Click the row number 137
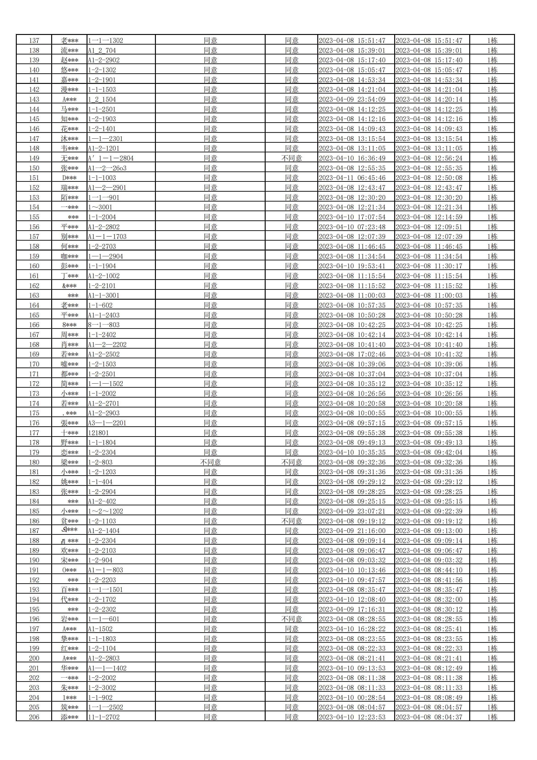[x=34, y=41]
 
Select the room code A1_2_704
[x=102, y=51]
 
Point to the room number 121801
[x=98, y=433]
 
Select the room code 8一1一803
[x=104, y=325]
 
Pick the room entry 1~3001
[x=100, y=207]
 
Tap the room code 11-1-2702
[x=104, y=717]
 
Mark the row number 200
[x=34, y=658]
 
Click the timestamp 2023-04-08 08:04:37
[x=429, y=717]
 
